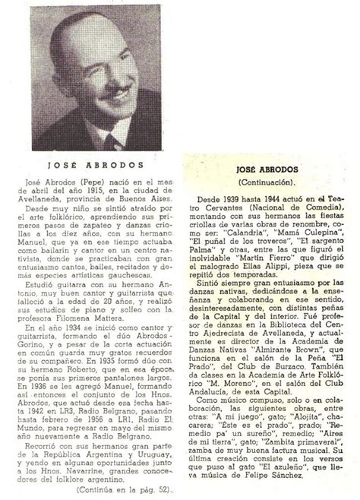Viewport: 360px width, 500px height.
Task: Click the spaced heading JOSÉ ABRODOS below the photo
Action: [x=104, y=183]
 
